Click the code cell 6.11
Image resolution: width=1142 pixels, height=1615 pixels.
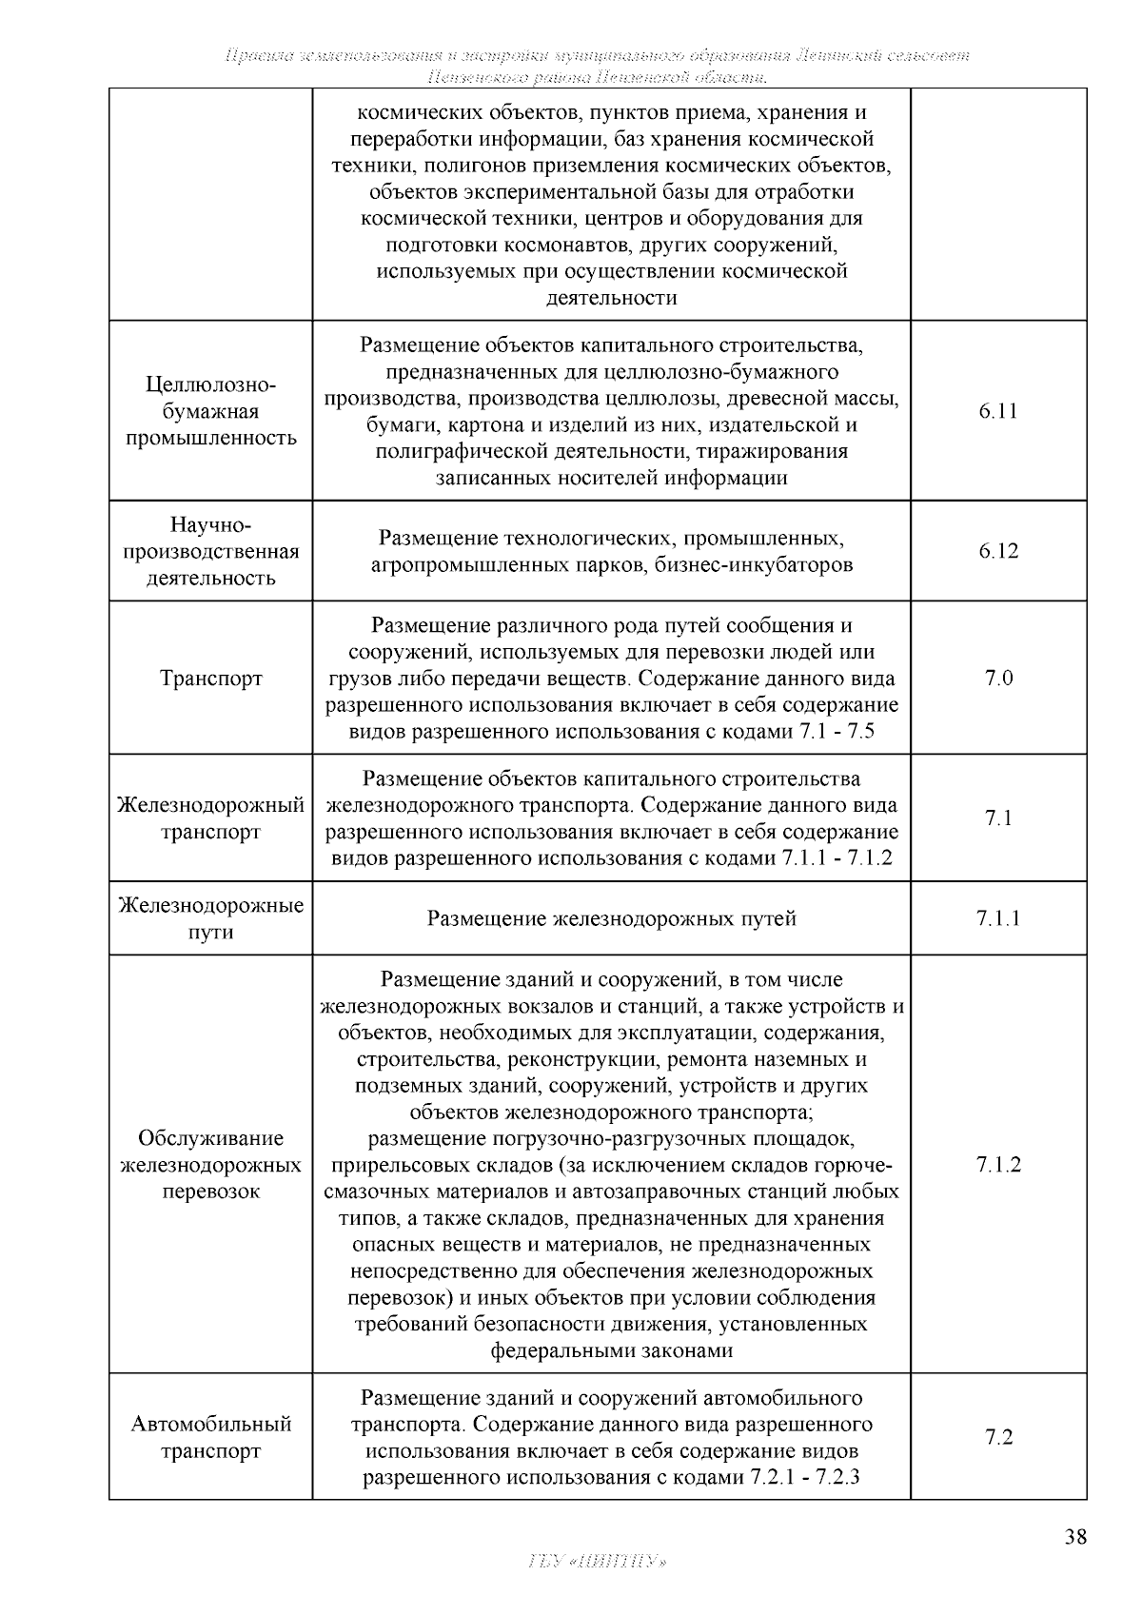pos(997,411)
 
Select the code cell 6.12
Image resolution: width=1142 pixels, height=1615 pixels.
pos(997,551)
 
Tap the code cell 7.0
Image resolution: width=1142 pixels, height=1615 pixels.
pos(997,679)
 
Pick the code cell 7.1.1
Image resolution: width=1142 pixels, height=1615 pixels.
pos(997,918)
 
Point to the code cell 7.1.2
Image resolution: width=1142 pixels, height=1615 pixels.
pos(997,1165)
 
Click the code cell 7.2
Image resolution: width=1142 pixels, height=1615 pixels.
pos(997,1437)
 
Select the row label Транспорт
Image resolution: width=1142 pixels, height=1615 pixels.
pos(211,679)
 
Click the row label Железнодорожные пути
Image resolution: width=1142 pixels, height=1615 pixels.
pos(211,918)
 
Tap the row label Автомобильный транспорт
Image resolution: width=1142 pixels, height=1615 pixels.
pos(211,1438)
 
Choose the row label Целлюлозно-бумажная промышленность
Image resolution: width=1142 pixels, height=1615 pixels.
pos(211,411)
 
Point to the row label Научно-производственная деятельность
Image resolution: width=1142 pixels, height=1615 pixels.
pos(211,551)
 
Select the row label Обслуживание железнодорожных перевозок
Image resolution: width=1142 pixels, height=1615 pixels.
pos(211,1165)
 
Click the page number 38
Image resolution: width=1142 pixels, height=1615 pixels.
pos(1075,1537)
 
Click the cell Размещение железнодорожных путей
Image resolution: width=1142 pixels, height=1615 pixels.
pos(611,918)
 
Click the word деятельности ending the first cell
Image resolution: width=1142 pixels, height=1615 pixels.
pos(611,298)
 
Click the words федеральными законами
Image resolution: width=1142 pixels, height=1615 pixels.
pos(611,1350)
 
